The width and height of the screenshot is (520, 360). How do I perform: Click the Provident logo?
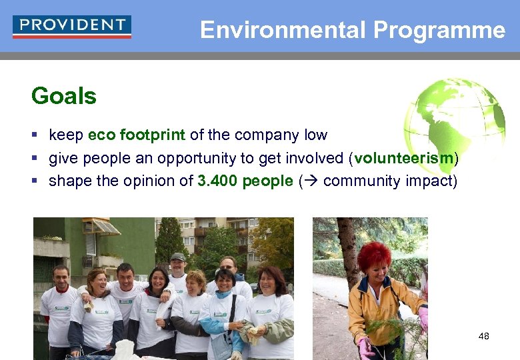click(72, 27)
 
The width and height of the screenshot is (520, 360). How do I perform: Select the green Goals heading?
click(64, 96)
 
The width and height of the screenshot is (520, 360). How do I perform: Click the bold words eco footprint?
click(137, 135)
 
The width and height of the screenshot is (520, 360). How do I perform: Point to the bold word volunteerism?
click(405, 158)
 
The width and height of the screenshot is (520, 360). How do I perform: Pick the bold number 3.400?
click(217, 181)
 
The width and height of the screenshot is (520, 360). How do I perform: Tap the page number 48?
click(483, 336)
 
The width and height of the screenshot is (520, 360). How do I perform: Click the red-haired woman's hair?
click(374, 255)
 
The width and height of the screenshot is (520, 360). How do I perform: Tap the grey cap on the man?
click(178, 257)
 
